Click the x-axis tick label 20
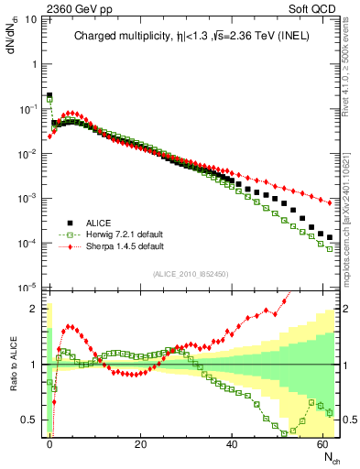[140, 443]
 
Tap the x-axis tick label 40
[231, 443]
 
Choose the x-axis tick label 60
[322, 443]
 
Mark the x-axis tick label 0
[49, 443]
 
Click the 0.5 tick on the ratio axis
[33, 420]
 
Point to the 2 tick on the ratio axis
[37, 308]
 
